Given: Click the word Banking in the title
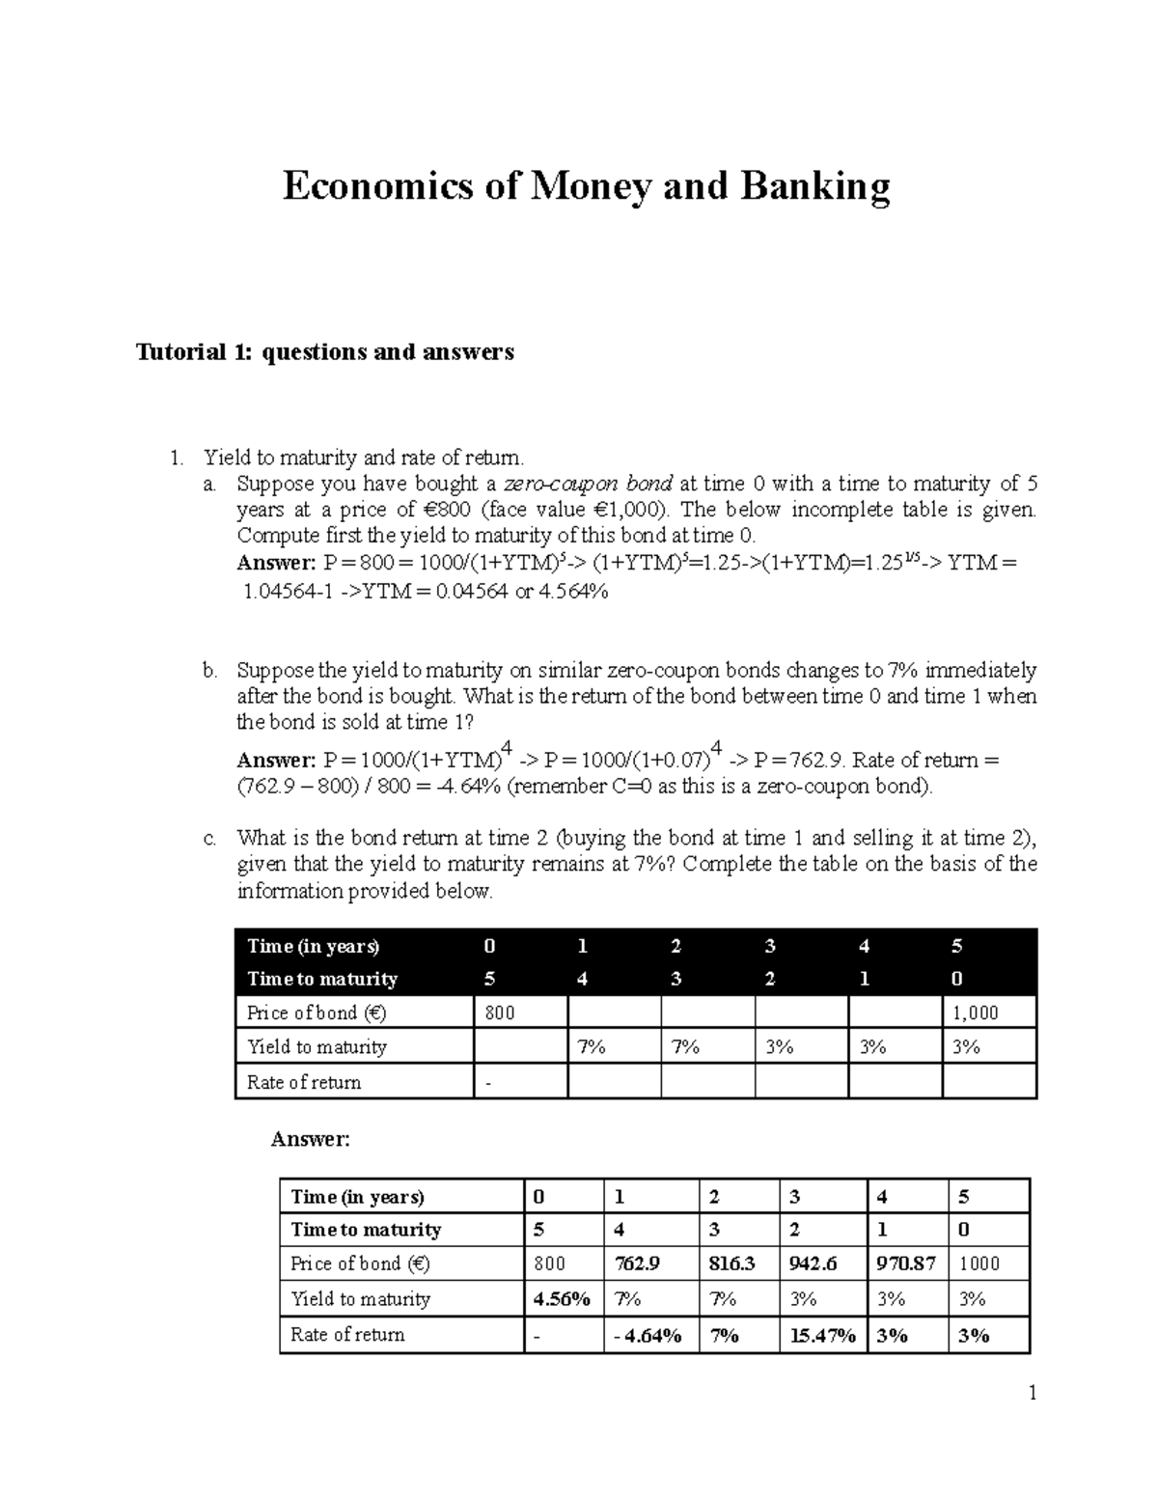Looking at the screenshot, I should tap(814, 187).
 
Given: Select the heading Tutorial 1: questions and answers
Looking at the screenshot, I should tap(325, 352).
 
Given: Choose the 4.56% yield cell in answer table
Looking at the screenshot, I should tap(562, 1299).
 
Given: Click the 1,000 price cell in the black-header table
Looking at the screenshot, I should tap(975, 1013).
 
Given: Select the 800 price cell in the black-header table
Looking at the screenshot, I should tap(500, 1013).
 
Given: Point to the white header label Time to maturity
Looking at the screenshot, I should tap(322, 979).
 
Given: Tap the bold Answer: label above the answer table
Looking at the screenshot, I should tap(310, 1140).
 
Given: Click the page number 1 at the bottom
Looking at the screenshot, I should tap(1032, 1393).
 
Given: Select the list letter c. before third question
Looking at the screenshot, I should tap(210, 838).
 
